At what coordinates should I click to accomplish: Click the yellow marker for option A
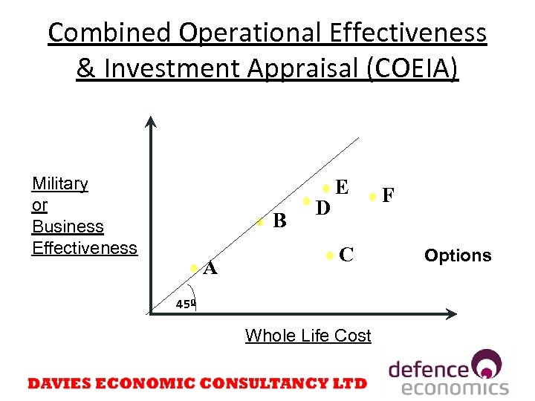coord(193,267)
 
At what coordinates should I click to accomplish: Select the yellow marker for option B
coord(259,221)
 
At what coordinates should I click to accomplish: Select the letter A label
coord(210,269)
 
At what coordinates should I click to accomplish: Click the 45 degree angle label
coord(185,303)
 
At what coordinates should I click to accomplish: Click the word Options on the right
coord(458,255)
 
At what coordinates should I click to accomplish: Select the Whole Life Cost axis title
coord(308,336)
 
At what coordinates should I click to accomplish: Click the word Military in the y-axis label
coord(59,183)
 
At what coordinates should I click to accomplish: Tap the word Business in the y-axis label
coord(68,226)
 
